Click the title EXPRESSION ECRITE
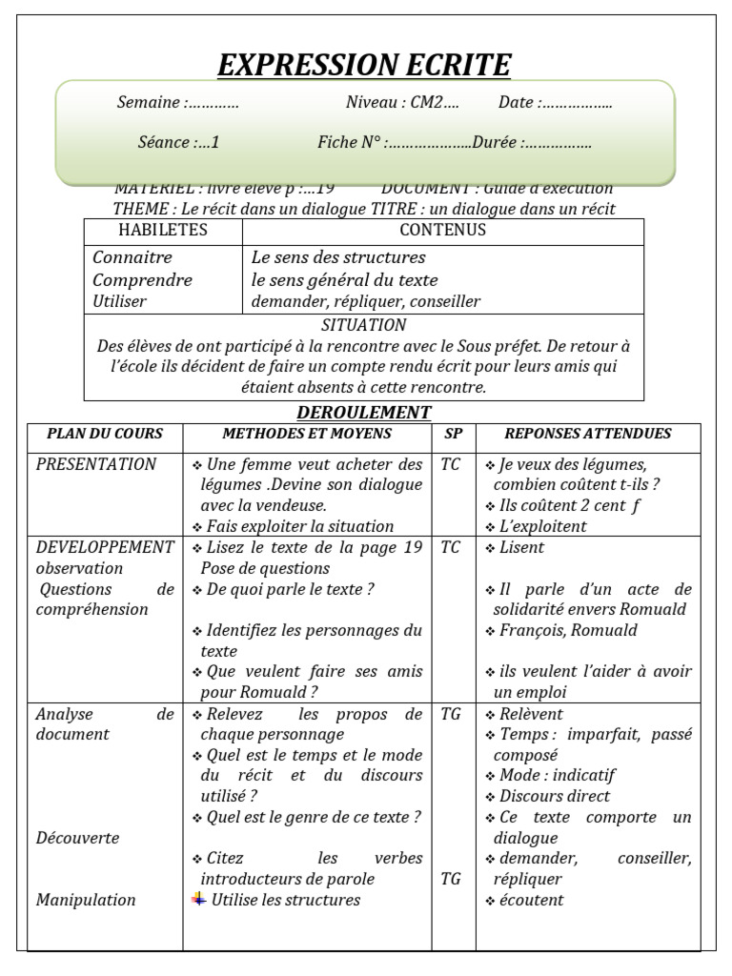click(x=364, y=65)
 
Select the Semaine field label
click(x=151, y=103)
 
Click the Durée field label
click(x=496, y=143)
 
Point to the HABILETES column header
click(x=163, y=230)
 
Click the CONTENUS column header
click(x=442, y=230)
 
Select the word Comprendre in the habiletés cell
click(x=142, y=280)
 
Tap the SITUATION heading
click(x=364, y=325)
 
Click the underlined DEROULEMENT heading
click(x=364, y=413)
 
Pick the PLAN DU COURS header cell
click(x=105, y=434)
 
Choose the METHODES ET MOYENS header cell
click(x=307, y=434)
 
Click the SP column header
click(x=453, y=434)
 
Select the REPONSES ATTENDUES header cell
click(x=588, y=434)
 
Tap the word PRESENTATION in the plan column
click(x=96, y=464)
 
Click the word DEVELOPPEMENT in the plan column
click(x=105, y=547)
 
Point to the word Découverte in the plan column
click(x=77, y=838)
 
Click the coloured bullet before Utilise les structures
click(x=198, y=899)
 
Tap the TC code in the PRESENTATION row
click(x=451, y=464)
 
